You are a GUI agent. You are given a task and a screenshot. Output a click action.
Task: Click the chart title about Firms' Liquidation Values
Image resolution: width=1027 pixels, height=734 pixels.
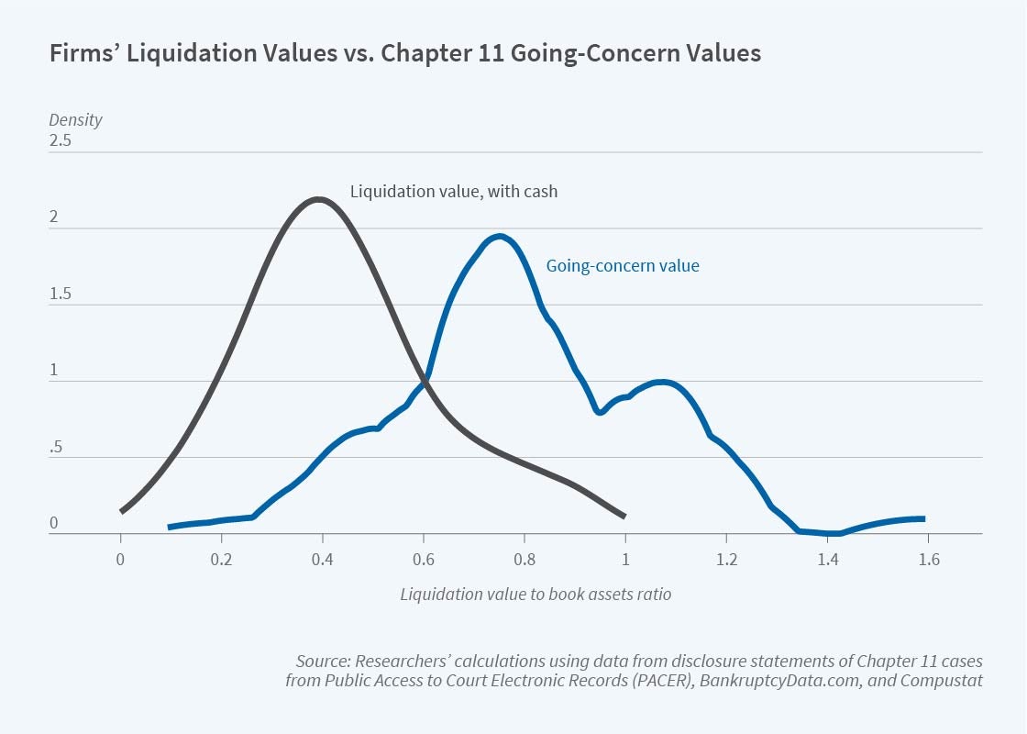(x=404, y=53)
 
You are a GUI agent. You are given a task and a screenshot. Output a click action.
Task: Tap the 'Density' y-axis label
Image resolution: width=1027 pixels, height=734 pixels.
(x=75, y=120)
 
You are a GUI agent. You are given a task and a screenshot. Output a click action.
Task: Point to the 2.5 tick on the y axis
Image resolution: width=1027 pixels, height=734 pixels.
(x=61, y=142)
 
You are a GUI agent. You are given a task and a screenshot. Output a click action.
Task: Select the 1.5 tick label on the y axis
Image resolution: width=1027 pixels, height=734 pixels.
(x=61, y=295)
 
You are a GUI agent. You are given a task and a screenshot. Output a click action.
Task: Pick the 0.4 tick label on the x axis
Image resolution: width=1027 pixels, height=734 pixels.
(x=322, y=559)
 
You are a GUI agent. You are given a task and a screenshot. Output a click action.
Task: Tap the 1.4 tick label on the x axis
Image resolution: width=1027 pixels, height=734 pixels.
(x=827, y=559)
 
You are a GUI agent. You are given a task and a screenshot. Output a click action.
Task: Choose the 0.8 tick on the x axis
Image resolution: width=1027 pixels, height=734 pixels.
(x=525, y=559)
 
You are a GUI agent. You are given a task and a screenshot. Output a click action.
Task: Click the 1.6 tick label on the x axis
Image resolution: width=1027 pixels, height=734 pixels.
(x=928, y=559)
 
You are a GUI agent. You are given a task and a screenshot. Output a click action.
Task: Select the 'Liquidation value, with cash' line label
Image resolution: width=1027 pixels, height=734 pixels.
(x=454, y=192)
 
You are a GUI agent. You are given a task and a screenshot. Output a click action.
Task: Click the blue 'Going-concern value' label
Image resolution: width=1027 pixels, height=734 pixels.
(x=623, y=266)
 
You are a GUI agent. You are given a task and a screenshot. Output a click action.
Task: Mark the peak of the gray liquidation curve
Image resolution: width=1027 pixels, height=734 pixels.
(x=318, y=199)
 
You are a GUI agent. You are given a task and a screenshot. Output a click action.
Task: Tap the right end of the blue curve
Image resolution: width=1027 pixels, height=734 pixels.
(x=922, y=518)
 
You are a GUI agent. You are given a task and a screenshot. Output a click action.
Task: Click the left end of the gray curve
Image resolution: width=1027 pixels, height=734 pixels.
(x=122, y=511)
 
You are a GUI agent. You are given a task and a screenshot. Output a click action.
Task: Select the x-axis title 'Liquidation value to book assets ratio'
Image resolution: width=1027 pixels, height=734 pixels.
(x=536, y=594)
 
